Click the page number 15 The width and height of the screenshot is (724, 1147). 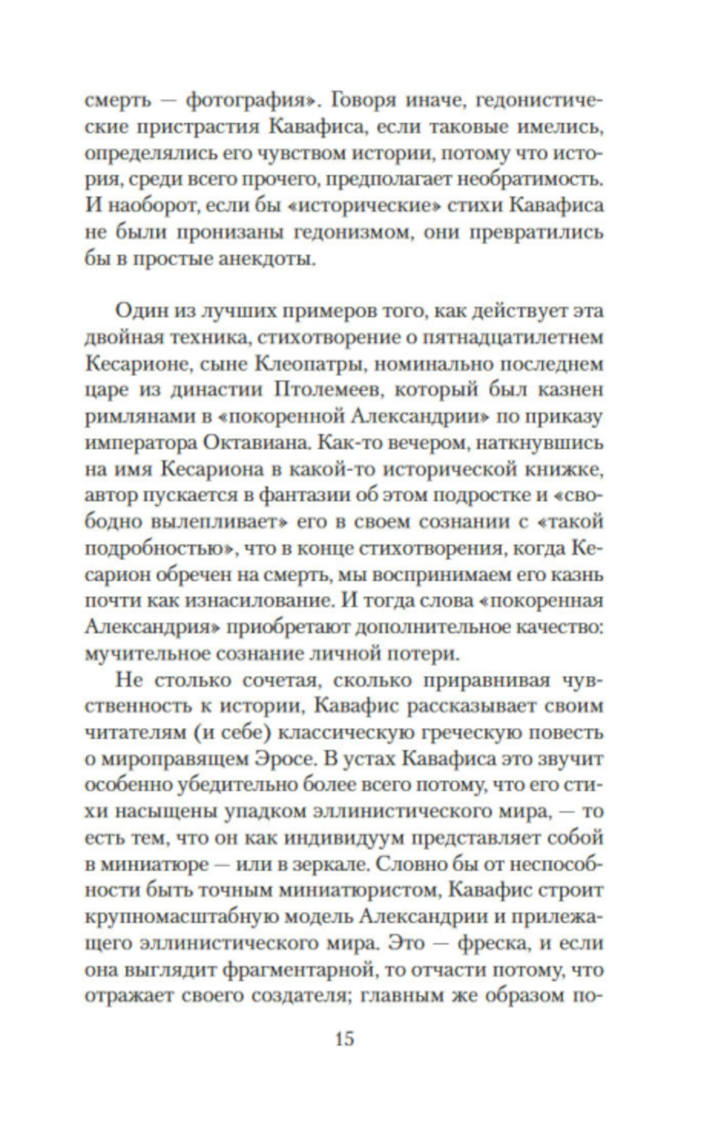(x=345, y=1039)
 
